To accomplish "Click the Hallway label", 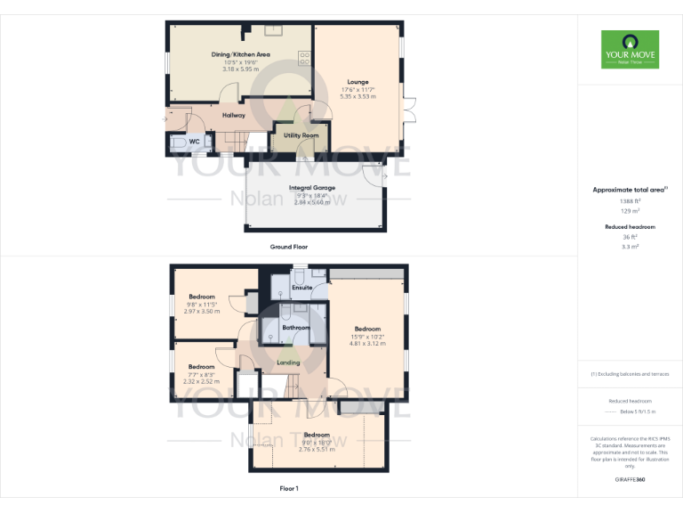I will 234,116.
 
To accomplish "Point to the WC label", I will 194,142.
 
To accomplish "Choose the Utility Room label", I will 301,135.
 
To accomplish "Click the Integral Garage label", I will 311,188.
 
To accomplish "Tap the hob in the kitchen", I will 304,59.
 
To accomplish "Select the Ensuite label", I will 301,288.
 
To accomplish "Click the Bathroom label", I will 295,328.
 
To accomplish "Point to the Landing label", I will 288,362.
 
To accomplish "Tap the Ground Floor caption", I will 288,246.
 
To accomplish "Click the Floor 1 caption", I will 288,488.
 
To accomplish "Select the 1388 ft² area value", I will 630,201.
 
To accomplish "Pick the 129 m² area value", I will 630,210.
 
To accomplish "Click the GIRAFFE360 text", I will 630,480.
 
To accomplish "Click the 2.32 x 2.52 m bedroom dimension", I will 200,381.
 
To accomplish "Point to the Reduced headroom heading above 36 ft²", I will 630,227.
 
